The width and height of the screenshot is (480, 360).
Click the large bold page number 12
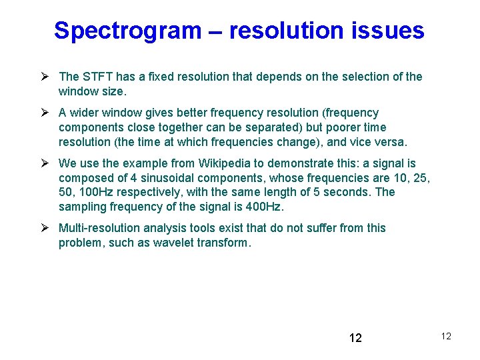click(x=355, y=338)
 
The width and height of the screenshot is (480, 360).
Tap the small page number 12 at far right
click(x=446, y=337)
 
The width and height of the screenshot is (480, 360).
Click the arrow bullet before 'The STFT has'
click(x=45, y=77)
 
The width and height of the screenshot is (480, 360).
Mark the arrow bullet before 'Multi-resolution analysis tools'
click(x=45, y=228)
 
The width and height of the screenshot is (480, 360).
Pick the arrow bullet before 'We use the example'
click(x=45, y=163)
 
